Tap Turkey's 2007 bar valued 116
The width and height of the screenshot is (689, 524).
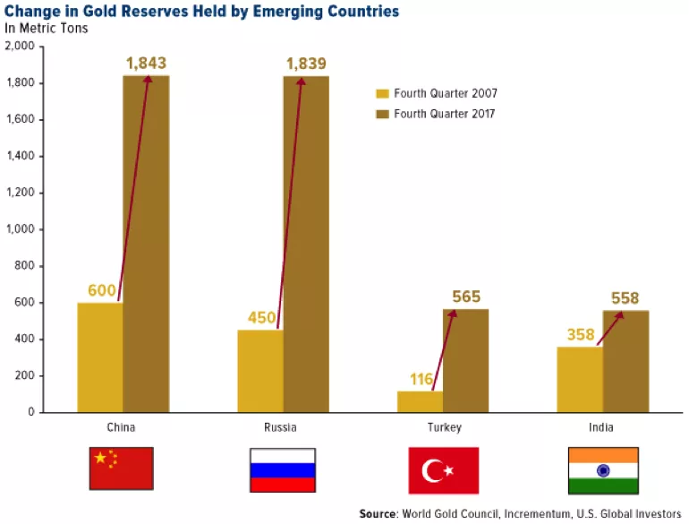click(420, 401)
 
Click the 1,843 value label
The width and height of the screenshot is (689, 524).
click(146, 64)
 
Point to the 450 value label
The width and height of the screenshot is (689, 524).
click(259, 318)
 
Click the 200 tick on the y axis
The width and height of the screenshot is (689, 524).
click(25, 375)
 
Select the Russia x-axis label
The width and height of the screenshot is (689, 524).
click(282, 427)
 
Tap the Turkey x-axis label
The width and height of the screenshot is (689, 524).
click(443, 427)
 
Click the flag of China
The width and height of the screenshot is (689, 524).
click(122, 468)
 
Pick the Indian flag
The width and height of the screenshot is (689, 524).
click(603, 469)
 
